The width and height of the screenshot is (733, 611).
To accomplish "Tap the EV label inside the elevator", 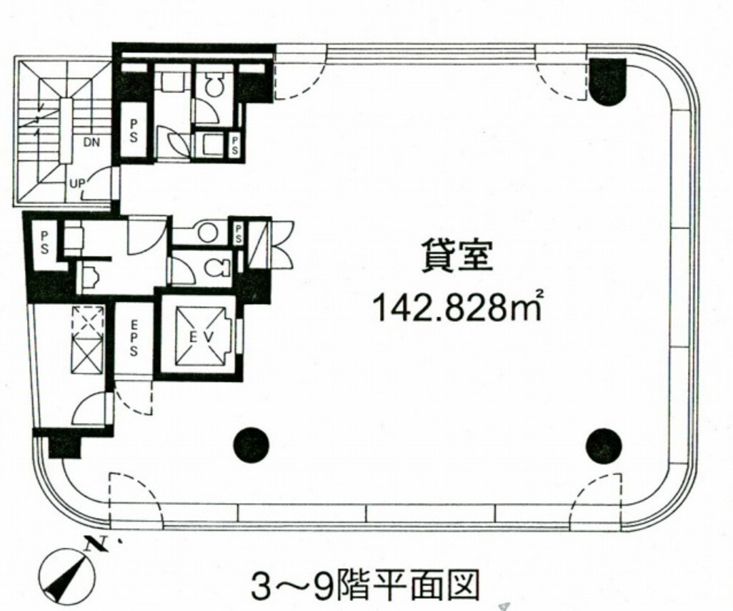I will (197, 336).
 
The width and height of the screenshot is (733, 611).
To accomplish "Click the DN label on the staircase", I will (91, 143).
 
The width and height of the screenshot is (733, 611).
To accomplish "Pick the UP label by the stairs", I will (76, 181).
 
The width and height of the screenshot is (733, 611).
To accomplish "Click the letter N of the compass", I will (93, 544).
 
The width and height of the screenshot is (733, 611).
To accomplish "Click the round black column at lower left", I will (250, 444).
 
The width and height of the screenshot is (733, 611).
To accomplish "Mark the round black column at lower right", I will (604, 444).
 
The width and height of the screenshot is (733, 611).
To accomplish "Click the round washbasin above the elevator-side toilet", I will (206, 232).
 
